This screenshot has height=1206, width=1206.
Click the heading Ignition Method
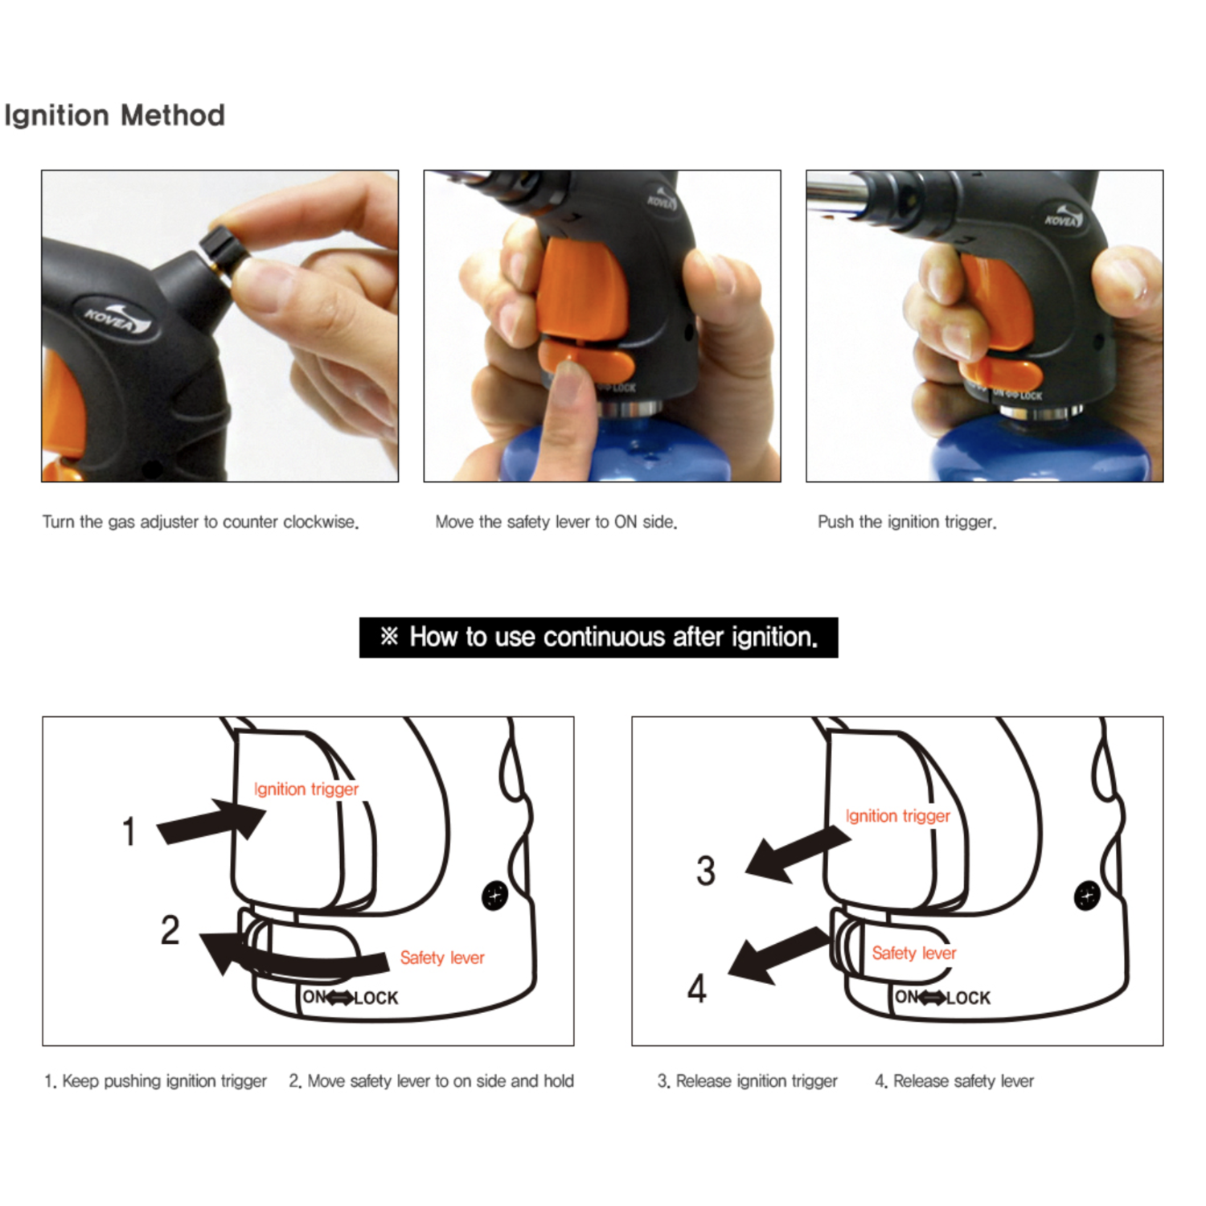point(114,115)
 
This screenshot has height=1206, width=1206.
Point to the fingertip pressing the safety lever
point(572,375)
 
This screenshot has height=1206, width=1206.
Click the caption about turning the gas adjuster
point(200,522)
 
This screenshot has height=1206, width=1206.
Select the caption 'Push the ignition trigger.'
point(907,522)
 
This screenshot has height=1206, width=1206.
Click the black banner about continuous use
point(598,638)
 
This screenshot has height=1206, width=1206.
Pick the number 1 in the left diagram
point(129,831)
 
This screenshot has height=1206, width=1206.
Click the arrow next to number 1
point(211,821)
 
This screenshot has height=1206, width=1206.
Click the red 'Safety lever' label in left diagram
point(442,958)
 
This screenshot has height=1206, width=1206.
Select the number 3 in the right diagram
point(706,871)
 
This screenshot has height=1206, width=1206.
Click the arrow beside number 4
point(778,954)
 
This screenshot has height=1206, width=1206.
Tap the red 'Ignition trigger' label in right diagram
point(897,816)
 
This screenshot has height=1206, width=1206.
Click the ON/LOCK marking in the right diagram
point(942,998)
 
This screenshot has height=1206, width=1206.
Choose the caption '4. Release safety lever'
point(954,1081)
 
